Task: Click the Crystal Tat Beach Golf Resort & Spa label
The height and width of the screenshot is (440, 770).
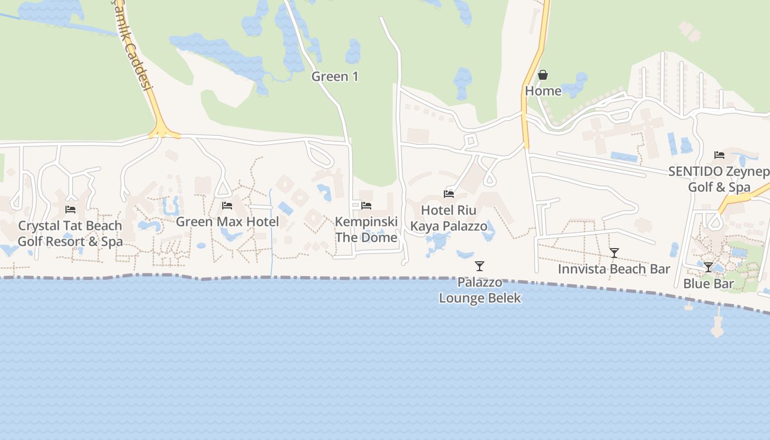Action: coord(70,234)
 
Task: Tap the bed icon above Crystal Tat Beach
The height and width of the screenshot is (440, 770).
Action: coord(70,209)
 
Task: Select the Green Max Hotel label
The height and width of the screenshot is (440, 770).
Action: coord(227,222)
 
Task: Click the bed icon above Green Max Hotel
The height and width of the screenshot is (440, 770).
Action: coord(227,206)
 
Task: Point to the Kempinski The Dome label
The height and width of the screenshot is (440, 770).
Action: coord(366,230)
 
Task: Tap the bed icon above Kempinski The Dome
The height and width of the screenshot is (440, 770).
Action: coord(366,205)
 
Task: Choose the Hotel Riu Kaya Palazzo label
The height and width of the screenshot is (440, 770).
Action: coord(449,218)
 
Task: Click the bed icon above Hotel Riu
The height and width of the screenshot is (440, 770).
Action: coord(449,194)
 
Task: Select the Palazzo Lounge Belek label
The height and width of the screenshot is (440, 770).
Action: coord(480,290)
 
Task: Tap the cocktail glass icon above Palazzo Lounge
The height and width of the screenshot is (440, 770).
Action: coord(480,266)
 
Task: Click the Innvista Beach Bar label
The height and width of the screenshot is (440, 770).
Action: coord(614,269)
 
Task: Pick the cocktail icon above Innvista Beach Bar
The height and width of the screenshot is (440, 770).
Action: coord(614,253)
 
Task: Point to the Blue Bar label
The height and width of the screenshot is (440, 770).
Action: coord(708,284)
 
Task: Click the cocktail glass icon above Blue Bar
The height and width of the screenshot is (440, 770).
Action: coord(708,267)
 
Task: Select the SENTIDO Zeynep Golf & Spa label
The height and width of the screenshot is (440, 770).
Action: coord(719,179)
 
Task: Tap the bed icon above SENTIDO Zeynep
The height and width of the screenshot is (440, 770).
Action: coord(719,155)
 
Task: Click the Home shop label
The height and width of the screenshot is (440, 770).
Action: coord(543,91)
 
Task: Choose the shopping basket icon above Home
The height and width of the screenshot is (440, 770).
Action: coord(543,75)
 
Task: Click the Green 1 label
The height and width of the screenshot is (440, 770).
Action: coord(335,76)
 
